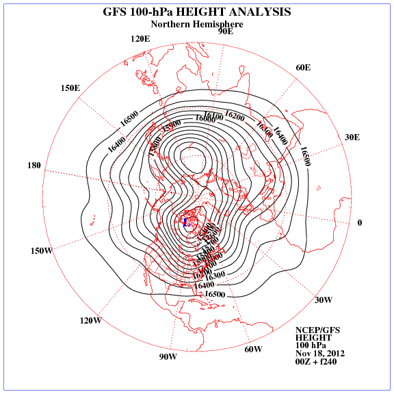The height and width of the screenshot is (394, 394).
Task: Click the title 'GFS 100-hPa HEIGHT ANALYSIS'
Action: point(196,12)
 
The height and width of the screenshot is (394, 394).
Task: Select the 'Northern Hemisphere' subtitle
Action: point(197,24)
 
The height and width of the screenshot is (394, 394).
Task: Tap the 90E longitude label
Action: point(226,31)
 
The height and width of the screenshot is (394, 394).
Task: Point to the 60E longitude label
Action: point(303,67)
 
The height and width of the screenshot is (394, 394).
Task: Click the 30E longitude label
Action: point(352,137)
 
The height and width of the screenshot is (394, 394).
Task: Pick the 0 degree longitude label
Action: point(360,223)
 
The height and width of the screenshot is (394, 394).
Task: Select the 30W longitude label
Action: point(324,300)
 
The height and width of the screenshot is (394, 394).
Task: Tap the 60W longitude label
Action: point(253,350)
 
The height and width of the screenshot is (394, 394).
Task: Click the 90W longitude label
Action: point(168,357)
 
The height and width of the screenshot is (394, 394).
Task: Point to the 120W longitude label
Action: point(91,320)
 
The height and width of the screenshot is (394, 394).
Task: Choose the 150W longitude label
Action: point(42,250)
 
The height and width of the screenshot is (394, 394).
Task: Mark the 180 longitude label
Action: point(34,166)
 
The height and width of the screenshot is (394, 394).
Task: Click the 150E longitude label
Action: point(70,88)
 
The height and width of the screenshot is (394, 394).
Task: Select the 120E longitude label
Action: point(140,38)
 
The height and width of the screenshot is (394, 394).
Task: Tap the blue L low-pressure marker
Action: point(185,222)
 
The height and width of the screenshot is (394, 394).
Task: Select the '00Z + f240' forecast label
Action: point(315,362)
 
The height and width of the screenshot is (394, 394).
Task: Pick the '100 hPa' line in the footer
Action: point(311,345)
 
